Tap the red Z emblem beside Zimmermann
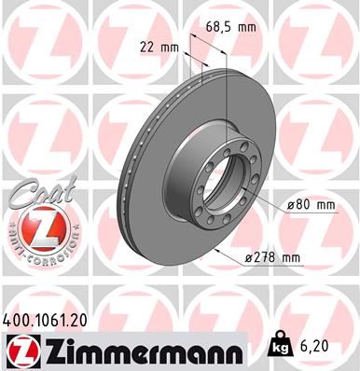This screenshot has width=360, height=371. tap(21, 351)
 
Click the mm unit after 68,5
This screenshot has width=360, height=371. tap(246, 27)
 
